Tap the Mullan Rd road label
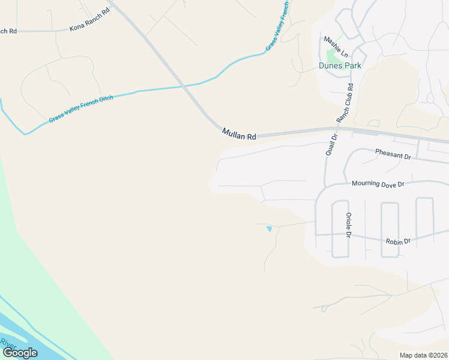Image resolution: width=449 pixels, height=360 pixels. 239,134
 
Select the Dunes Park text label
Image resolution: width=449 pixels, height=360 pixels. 340,65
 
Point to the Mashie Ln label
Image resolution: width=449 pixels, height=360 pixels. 336,46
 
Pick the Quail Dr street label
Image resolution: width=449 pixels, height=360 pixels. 331,145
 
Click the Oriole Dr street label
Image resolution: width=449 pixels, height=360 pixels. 348,225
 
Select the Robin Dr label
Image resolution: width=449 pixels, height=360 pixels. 398,241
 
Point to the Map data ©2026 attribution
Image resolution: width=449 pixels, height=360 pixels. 423,355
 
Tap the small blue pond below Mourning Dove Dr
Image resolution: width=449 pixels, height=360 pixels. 269,228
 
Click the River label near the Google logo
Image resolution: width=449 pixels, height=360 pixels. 8,344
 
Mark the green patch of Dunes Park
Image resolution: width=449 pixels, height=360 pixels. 340,55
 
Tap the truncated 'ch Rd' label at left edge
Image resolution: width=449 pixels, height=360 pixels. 8,31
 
